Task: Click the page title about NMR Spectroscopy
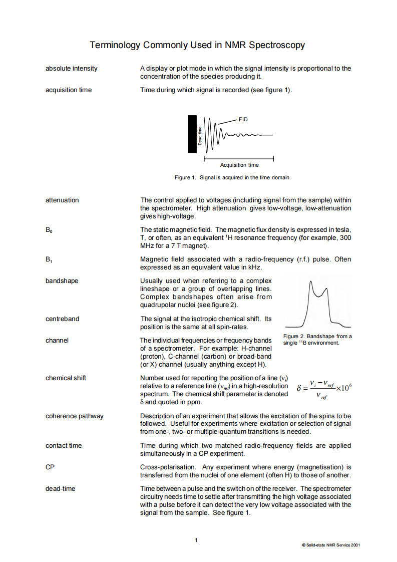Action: [197, 45]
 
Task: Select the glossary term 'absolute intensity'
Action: [71, 68]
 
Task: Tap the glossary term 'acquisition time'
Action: [69, 90]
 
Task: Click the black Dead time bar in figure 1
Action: [193, 134]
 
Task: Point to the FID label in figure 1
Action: [243, 119]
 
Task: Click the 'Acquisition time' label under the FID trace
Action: [239, 165]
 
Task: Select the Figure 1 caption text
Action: [232, 177]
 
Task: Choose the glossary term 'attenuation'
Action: [62, 200]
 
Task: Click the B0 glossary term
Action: [49, 230]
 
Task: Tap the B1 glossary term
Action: [49, 259]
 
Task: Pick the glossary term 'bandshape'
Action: [62, 281]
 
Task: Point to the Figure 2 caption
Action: [317, 339]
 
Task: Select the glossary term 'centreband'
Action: [62, 319]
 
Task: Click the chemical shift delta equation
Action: [324, 389]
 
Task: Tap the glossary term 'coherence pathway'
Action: [74, 416]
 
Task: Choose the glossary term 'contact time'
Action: [64, 445]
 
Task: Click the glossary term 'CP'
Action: [50, 467]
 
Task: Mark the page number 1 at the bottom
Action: [196, 539]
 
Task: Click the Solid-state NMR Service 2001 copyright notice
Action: [330, 544]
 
